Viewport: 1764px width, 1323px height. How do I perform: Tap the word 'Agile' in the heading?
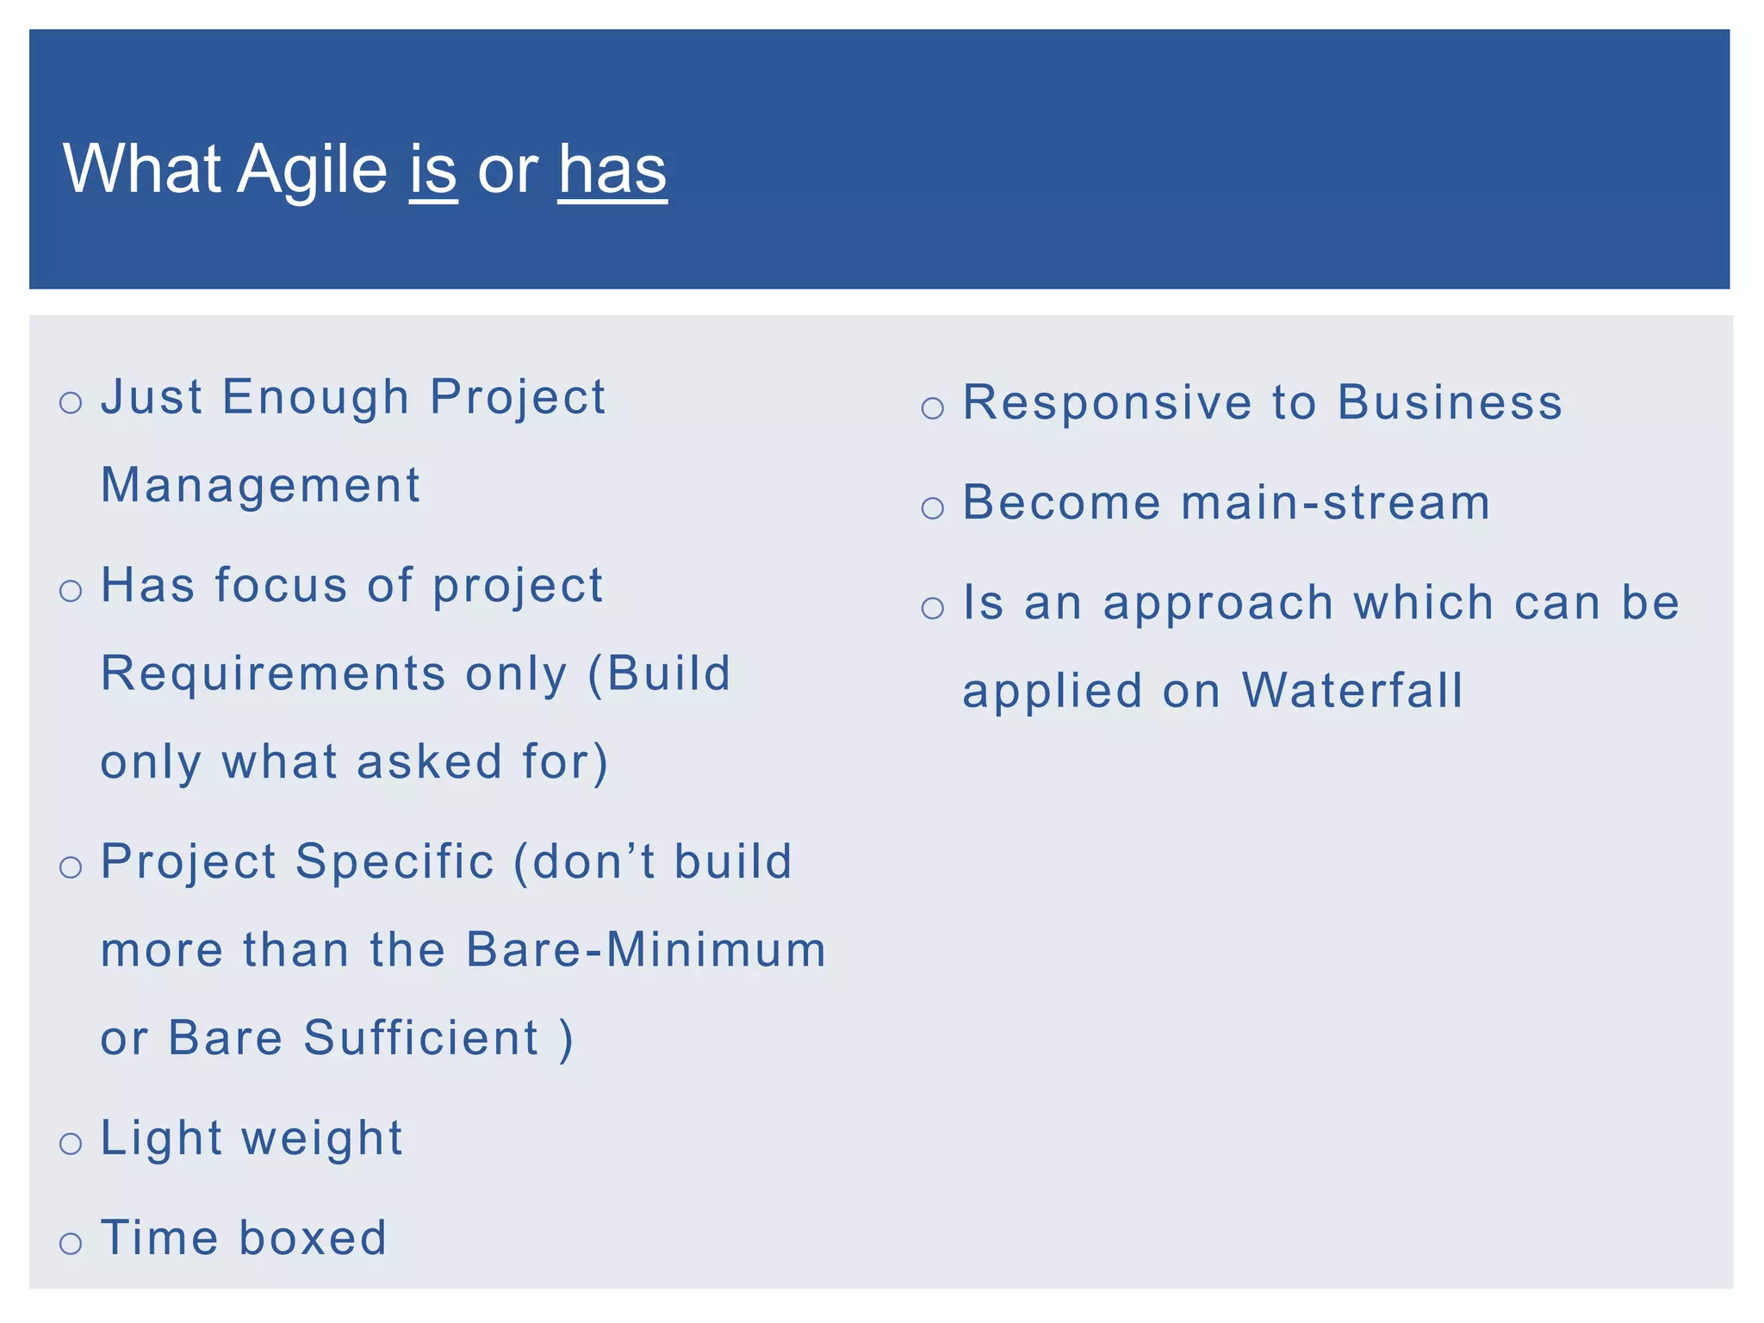(x=312, y=171)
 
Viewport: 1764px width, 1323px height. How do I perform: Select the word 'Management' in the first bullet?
(x=260, y=485)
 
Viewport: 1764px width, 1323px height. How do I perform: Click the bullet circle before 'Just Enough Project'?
(x=71, y=402)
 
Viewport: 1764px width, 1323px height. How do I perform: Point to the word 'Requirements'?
(x=273, y=674)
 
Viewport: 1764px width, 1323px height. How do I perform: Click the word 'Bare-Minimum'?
(x=645, y=949)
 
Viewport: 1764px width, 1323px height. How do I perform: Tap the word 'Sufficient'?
(x=421, y=1037)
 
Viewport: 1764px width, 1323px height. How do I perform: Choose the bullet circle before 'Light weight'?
(x=71, y=1144)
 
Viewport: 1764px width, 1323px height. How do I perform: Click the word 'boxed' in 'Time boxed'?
(x=313, y=1238)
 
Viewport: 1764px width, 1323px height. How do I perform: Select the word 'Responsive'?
(x=1107, y=402)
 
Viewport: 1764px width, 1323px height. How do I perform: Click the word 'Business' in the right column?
(x=1450, y=402)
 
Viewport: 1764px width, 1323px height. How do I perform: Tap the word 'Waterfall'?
(x=1352, y=691)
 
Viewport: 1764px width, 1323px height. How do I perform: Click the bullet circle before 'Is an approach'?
(x=933, y=608)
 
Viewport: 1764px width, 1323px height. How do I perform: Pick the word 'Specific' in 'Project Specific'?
(x=395, y=861)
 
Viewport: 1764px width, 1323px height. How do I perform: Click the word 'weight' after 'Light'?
(x=322, y=1139)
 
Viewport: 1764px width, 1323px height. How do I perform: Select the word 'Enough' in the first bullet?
(x=315, y=397)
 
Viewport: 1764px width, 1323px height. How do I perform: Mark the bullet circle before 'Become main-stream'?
(x=933, y=508)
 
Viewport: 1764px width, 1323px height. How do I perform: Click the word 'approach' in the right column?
(x=1218, y=603)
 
